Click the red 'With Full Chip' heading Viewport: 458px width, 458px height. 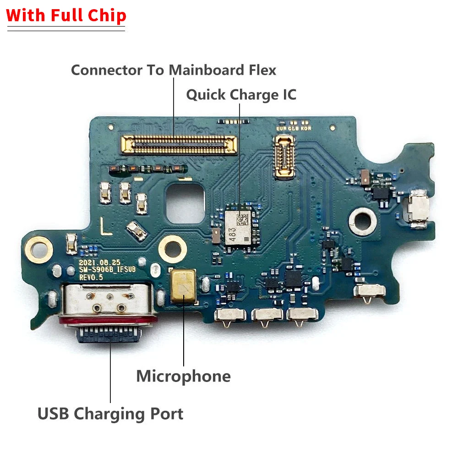coord(66,16)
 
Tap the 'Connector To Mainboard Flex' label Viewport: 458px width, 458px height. coord(174,70)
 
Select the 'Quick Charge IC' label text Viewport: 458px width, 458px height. coord(241,95)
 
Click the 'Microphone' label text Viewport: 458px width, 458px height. coord(183,376)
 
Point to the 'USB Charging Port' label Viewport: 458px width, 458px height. coord(110,414)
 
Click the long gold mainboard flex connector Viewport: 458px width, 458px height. coord(179,144)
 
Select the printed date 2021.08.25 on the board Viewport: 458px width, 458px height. coord(99,262)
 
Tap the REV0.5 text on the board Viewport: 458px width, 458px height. coord(92,278)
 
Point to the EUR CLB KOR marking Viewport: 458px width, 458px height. coord(293,129)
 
